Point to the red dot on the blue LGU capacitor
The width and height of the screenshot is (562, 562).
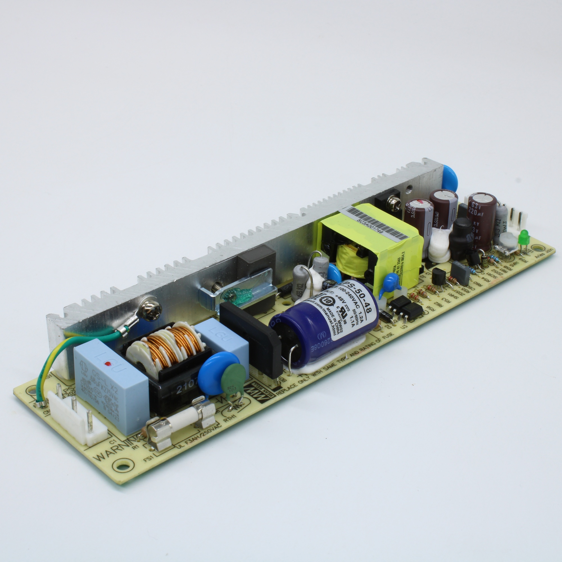[108, 364]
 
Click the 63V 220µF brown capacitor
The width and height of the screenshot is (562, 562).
[481, 221]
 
